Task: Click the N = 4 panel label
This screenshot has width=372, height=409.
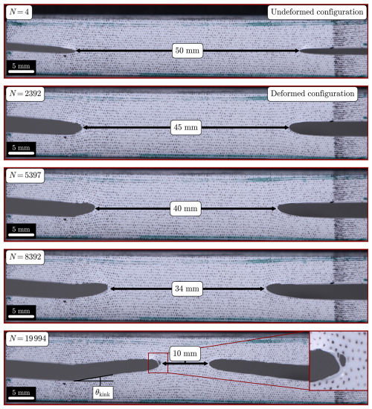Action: pos(19,12)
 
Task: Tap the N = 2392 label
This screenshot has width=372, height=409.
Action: pos(25,94)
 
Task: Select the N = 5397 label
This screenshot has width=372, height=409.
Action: pos(25,175)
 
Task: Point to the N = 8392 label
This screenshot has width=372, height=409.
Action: pos(25,257)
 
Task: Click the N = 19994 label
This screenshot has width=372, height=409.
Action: pos(28,338)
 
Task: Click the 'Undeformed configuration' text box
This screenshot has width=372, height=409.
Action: pos(317,12)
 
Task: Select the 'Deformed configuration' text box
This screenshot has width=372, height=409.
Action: pos(312,94)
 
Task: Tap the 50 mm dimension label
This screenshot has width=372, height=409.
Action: pos(187,51)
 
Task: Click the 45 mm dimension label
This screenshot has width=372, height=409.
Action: pos(185,127)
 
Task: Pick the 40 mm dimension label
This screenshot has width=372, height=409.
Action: pos(185,209)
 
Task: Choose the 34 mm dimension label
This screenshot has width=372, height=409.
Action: pos(187,289)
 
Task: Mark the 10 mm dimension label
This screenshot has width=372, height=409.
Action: pos(185,353)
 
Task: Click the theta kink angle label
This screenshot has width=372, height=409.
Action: pos(103,393)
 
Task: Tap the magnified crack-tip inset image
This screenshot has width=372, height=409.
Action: pos(338,361)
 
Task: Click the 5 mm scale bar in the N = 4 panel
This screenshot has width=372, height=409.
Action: pos(21,71)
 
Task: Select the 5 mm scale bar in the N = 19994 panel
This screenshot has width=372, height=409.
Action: pos(21,398)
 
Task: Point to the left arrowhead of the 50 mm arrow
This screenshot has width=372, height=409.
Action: pos(77,51)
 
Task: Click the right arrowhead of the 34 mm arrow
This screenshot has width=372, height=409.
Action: pos(263,289)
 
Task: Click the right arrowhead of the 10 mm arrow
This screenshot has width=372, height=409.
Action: pos(206,364)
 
